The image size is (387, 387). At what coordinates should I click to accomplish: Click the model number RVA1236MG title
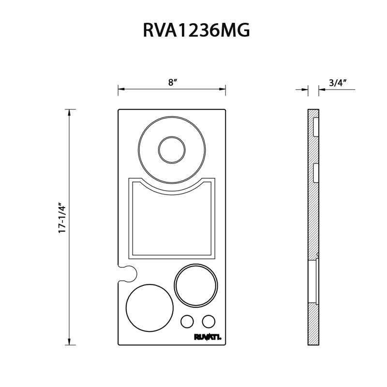(196, 30)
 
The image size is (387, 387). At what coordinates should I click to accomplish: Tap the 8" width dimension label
(173, 82)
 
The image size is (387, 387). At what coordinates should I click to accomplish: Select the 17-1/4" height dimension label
(62, 218)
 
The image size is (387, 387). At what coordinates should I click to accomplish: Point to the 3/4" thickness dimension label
(338, 83)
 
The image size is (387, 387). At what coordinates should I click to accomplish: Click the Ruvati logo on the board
(208, 337)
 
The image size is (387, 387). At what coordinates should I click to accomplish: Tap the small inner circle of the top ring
(172, 149)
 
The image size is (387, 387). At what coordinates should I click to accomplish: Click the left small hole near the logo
(187, 322)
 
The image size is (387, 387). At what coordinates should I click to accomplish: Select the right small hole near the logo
(208, 322)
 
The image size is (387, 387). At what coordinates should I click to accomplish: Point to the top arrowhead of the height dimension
(69, 112)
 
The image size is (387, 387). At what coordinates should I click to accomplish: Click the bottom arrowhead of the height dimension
(69, 342)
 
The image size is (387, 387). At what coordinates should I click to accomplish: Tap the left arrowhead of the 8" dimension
(121, 89)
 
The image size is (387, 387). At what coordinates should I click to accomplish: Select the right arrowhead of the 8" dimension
(222, 89)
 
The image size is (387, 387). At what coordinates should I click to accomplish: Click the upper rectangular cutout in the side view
(316, 127)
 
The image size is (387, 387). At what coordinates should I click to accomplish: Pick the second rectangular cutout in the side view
(316, 173)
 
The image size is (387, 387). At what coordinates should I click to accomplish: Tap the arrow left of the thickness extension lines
(302, 89)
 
